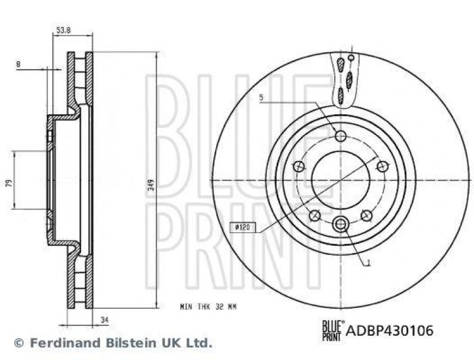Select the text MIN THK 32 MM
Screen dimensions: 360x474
(x=208, y=307)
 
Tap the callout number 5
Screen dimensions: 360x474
(x=261, y=98)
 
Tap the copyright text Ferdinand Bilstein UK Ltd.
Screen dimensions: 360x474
(x=113, y=343)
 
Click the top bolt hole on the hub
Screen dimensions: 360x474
(x=340, y=136)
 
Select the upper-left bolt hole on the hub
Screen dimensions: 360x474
(x=299, y=168)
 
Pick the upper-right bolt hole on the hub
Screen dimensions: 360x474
(x=382, y=168)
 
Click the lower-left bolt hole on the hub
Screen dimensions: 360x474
(x=315, y=214)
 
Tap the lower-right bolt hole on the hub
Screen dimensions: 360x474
(x=366, y=214)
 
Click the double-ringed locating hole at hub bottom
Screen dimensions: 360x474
(x=341, y=224)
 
